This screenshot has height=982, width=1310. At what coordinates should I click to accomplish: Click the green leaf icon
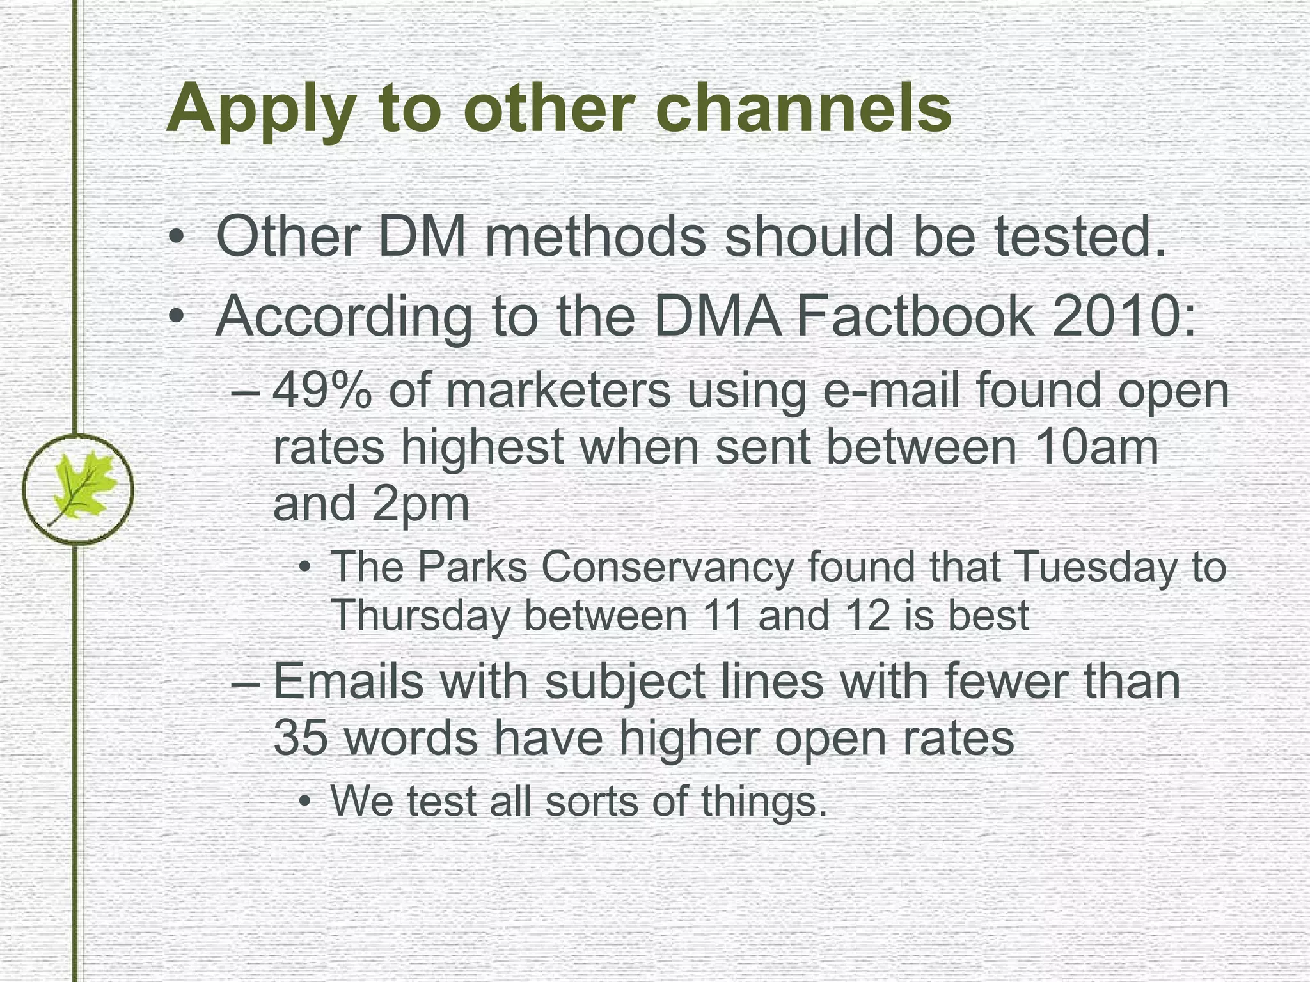pyautogui.click(x=78, y=489)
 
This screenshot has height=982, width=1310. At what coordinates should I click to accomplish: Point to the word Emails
pyautogui.click(x=349, y=681)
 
